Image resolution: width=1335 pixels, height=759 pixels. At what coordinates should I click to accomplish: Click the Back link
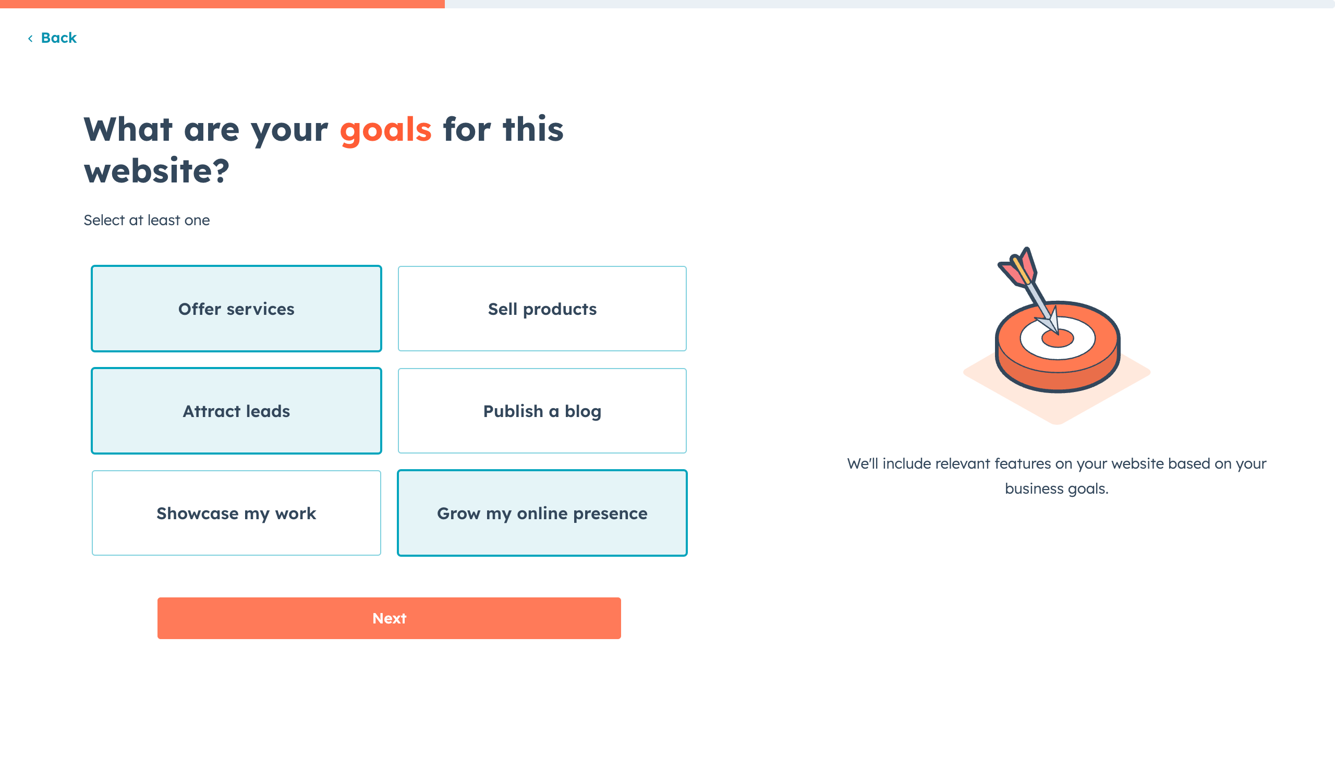[x=52, y=38]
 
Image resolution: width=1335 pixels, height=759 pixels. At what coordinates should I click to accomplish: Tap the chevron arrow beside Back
[x=30, y=39]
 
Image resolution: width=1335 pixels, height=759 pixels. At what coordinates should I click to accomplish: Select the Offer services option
[x=236, y=309]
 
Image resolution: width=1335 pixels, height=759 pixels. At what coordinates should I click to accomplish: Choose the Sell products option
[x=542, y=309]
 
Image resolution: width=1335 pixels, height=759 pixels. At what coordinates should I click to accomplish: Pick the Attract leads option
[x=236, y=411]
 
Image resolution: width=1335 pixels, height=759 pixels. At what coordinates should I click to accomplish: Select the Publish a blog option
[x=542, y=411]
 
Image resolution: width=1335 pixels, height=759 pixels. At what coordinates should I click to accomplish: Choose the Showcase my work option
[x=236, y=513]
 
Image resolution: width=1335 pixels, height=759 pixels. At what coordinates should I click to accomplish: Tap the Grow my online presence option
[x=542, y=513]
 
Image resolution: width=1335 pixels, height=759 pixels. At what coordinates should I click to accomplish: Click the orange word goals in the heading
[x=386, y=130]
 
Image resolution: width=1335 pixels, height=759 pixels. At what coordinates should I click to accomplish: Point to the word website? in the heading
[x=156, y=171]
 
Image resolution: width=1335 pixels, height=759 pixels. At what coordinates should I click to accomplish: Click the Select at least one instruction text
[x=147, y=220]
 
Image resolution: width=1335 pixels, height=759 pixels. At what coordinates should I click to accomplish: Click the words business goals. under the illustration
[x=1057, y=489]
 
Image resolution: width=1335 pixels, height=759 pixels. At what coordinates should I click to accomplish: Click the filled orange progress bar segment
[x=222, y=4]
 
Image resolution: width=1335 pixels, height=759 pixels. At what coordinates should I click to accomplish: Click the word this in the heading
[x=533, y=129]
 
